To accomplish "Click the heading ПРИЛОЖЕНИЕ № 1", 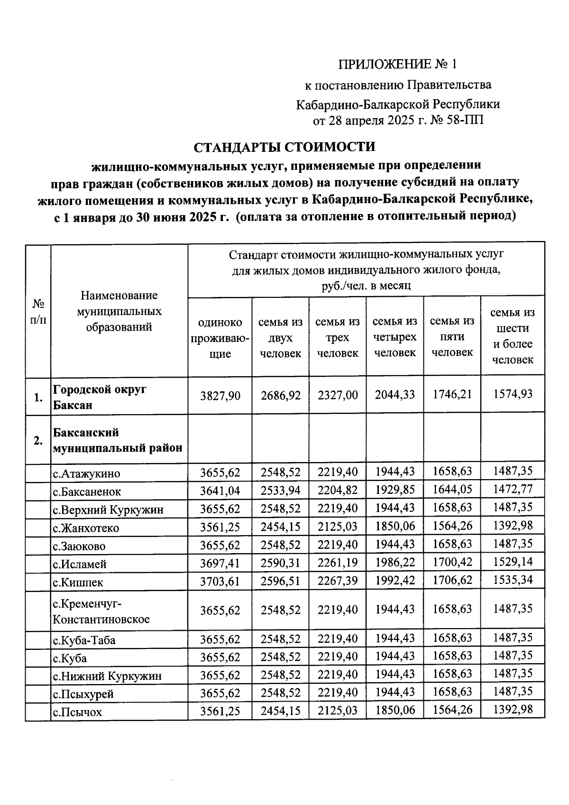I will click(398, 64).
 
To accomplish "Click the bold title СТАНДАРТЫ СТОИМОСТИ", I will click(284, 147).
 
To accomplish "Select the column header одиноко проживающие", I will click(220, 338).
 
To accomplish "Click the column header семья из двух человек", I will click(280, 338).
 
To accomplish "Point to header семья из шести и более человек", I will click(513, 336).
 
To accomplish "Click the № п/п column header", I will click(38, 311).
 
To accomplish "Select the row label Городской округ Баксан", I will click(100, 397).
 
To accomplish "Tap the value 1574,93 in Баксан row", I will click(513, 394).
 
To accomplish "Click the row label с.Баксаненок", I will click(87, 492).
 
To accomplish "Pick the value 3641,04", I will click(220, 491).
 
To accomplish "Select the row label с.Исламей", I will click(80, 564).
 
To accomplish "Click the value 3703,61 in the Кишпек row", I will click(220, 581).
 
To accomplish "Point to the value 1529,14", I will click(513, 562).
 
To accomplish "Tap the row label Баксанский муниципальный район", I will click(118, 440).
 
